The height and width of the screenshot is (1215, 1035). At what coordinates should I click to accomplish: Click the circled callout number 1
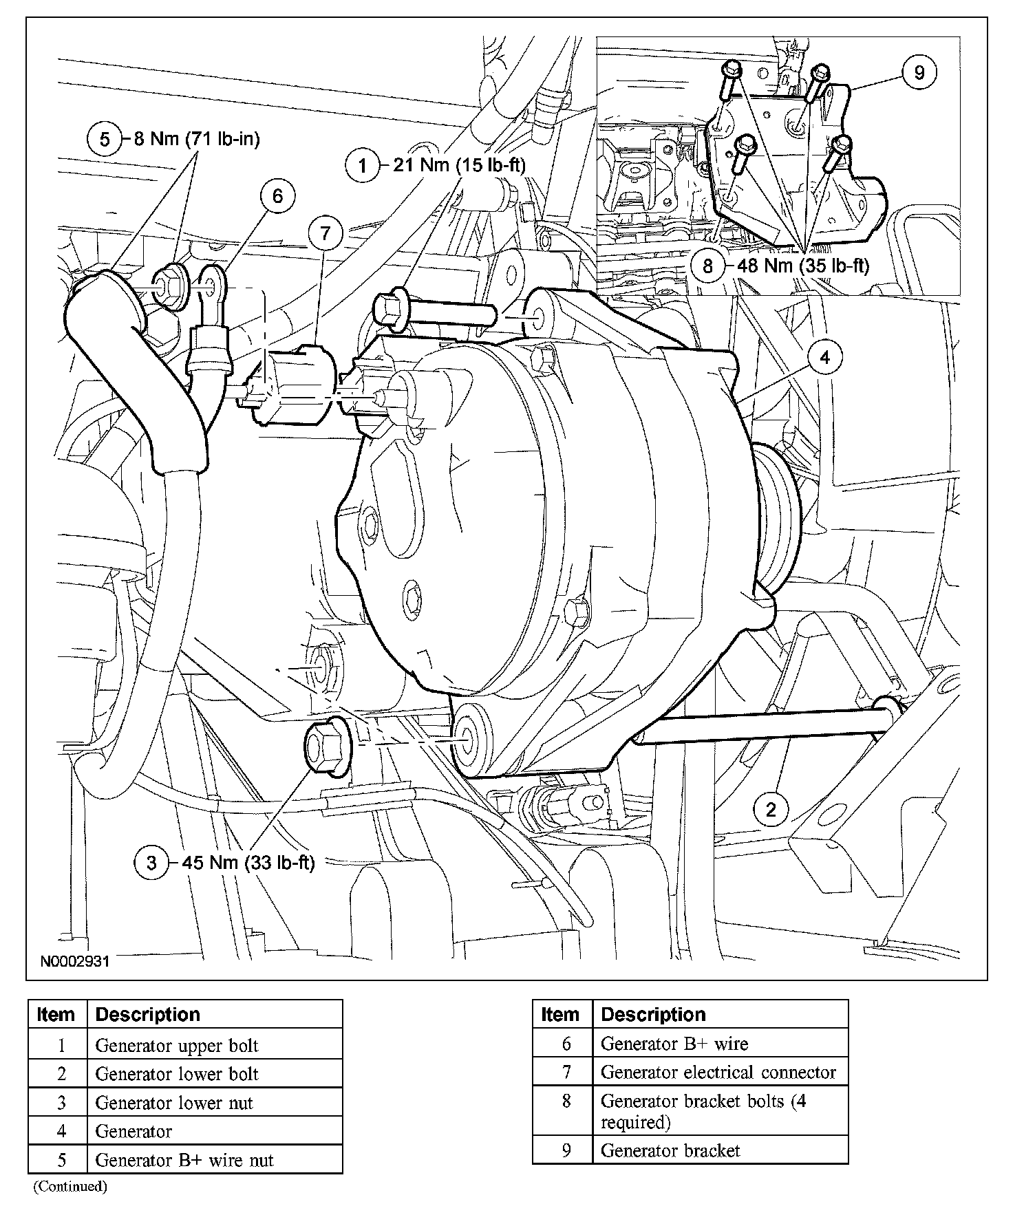[363, 165]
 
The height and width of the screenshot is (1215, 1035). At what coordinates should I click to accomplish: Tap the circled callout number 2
[771, 809]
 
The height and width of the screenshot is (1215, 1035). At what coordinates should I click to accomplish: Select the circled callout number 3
[152, 863]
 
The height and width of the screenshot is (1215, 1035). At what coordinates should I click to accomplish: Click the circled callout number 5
[105, 140]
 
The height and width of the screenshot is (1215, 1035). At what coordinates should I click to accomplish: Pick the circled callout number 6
[277, 196]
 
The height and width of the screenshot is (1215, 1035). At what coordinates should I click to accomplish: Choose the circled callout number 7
[325, 234]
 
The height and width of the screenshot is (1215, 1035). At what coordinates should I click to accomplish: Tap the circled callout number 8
[708, 266]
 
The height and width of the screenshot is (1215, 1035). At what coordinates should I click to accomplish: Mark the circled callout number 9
[919, 72]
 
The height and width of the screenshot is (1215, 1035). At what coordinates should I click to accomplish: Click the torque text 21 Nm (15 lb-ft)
[459, 165]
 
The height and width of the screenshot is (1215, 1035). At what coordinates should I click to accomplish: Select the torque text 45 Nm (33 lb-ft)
[248, 863]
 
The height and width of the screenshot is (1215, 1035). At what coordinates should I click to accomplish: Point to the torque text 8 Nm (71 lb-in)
[196, 140]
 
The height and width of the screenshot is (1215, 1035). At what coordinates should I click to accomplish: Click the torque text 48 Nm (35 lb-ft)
[803, 266]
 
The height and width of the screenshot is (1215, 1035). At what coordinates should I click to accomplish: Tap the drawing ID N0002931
[74, 961]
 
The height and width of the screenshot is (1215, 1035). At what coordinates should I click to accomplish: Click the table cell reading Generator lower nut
[174, 1103]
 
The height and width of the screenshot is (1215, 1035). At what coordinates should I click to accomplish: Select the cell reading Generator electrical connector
[718, 1073]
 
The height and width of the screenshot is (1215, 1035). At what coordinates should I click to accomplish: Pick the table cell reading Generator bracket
[670, 1150]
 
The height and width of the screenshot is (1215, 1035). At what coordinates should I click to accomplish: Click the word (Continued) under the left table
[70, 1186]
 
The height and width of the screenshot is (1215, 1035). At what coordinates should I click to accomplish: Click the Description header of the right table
[653, 1015]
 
